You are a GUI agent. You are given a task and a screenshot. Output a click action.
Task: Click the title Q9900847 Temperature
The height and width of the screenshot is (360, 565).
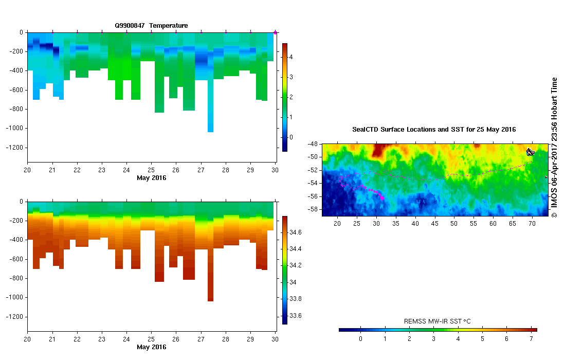151,25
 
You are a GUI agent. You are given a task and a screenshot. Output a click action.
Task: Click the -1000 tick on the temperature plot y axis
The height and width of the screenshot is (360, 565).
15,128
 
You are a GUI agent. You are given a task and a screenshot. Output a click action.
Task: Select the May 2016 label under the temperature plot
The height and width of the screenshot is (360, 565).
151,178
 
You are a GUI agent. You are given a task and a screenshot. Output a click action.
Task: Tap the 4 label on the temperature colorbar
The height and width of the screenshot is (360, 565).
290,57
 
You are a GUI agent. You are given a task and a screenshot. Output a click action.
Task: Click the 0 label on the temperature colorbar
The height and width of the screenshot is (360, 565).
290,137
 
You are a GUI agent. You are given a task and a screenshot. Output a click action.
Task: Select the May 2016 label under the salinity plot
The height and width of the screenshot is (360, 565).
151,347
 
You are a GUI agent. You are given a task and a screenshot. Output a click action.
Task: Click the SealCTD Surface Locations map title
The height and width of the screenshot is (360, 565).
434,130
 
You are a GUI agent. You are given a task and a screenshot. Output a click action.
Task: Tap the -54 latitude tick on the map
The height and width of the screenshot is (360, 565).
312,183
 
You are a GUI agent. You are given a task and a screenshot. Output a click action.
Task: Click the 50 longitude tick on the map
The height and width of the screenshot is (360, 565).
454,224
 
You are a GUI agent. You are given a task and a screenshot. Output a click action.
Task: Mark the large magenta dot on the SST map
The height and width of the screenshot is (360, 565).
382,197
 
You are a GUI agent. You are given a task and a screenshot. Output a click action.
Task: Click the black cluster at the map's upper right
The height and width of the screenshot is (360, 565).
531,152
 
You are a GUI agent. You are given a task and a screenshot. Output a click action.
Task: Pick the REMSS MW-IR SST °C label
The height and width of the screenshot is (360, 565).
438,321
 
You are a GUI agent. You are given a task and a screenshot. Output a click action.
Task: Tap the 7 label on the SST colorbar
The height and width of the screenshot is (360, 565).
531,339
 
